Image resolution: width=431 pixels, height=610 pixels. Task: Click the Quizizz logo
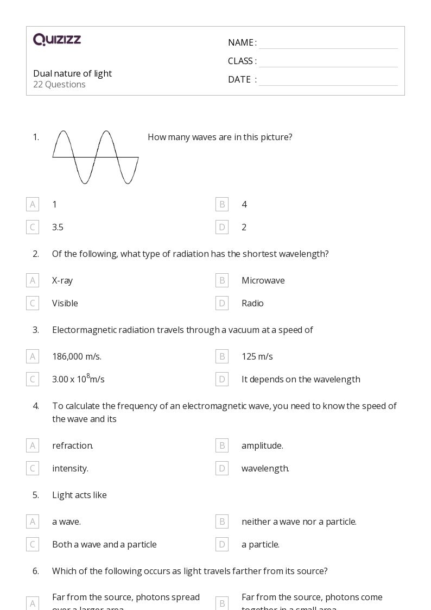coord(57,40)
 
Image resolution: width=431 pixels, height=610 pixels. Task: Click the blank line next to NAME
coord(328,43)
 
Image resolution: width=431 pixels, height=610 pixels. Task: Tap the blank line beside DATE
coord(328,80)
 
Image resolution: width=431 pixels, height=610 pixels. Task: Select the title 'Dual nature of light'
coord(72,73)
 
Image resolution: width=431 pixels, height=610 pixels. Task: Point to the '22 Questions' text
coord(59,84)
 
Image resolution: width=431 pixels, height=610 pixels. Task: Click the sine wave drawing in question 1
coord(96,157)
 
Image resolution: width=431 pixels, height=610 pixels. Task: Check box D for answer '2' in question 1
coord(221,227)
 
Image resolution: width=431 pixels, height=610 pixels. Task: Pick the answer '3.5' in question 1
coord(58,227)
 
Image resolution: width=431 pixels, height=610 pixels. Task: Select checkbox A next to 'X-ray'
coord(33,280)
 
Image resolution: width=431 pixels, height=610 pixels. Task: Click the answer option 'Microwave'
coord(263,280)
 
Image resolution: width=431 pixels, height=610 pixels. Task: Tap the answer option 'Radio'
coord(252,303)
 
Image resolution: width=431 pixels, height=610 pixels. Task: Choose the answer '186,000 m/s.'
coord(77,356)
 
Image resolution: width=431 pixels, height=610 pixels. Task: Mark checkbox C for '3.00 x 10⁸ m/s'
coord(33,379)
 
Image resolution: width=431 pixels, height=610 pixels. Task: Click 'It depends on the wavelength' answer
coord(300,379)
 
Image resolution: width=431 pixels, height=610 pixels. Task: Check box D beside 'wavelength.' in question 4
coord(221,468)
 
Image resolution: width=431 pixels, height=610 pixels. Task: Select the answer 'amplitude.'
coord(262,445)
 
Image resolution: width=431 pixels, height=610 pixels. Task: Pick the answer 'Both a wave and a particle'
coord(104,544)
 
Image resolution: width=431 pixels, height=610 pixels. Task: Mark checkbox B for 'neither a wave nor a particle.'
coord(221,521)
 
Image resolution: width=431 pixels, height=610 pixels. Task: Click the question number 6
coord(36,571)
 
